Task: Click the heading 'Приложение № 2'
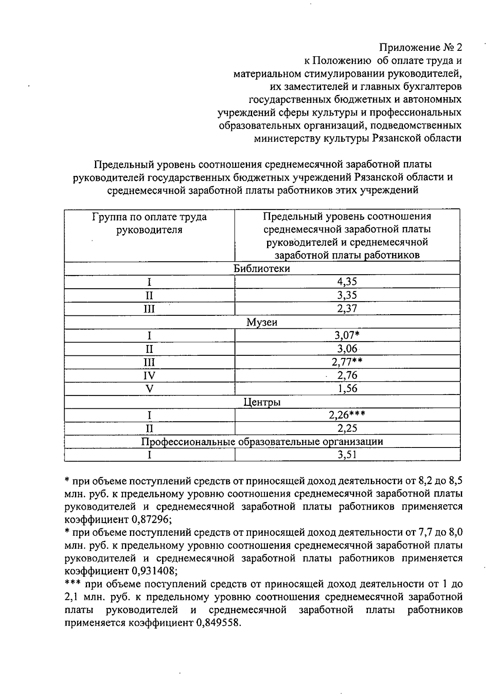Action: coord(421,47)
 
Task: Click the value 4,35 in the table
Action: coord(347,281)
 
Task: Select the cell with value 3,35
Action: coord(347,295)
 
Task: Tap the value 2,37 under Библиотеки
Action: coord(347,308)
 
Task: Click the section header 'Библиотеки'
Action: coord(262,268)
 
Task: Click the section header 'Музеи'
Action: coord(262,322)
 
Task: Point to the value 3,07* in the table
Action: coord(348,335)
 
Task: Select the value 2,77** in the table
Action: coord(347,362)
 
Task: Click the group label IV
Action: coord(149,375)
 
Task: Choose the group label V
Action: coord(149,389)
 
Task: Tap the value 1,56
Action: coord(347,389)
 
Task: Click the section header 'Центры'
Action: coord(262,402)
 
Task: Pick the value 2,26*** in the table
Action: coord(347,415)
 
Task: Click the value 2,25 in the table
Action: coord(347,428)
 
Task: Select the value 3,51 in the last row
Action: coord(347,455)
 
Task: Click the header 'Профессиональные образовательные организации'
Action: coord(262,441)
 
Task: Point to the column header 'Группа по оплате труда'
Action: coord(149,217)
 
